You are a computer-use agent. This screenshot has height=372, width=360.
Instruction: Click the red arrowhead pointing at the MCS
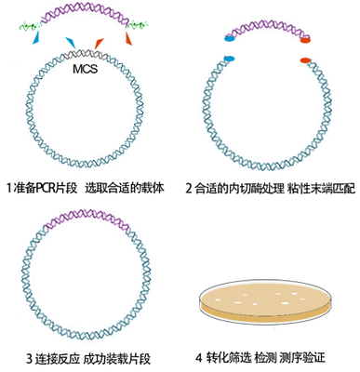(x=98, y=41)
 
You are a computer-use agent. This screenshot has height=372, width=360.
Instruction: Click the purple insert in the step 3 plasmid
(x=85, y=224)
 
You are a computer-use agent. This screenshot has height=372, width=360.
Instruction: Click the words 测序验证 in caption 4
(x=312, y=358)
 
